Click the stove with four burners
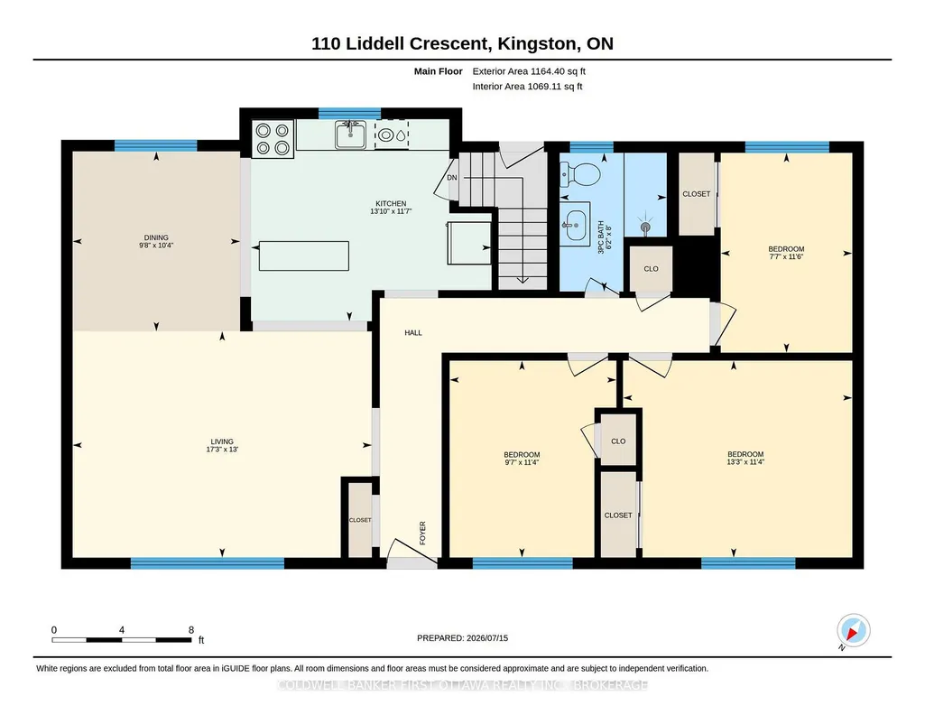point(273,139)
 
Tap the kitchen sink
point(350,135)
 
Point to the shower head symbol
point(646,226)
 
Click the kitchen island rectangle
point(304,255)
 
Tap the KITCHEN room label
point(391,203)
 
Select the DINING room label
point(156,237)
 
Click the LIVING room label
point(222,441)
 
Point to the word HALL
point(413,333)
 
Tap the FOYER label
point(422,533)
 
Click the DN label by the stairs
point(452,178)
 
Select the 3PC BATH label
point(601,237)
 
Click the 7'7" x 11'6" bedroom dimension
point(786,256)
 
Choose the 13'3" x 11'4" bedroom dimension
point(745,462)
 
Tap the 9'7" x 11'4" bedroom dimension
point(522,462)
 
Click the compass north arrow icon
point(853,631)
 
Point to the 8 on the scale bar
point(191,630)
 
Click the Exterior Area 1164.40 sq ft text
point(529,71)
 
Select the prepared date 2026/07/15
point(487,637)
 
